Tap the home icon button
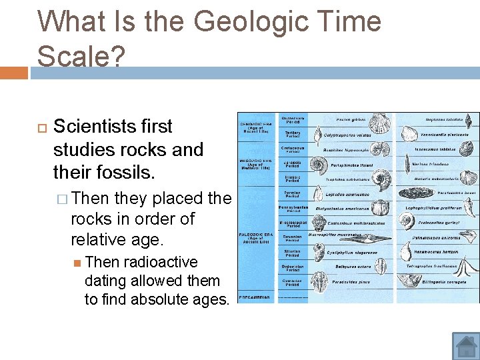click(466, 346)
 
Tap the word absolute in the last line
click(156, 299)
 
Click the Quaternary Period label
click(293, 120)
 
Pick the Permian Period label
click(293, 194)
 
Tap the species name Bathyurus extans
click(353, 267)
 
